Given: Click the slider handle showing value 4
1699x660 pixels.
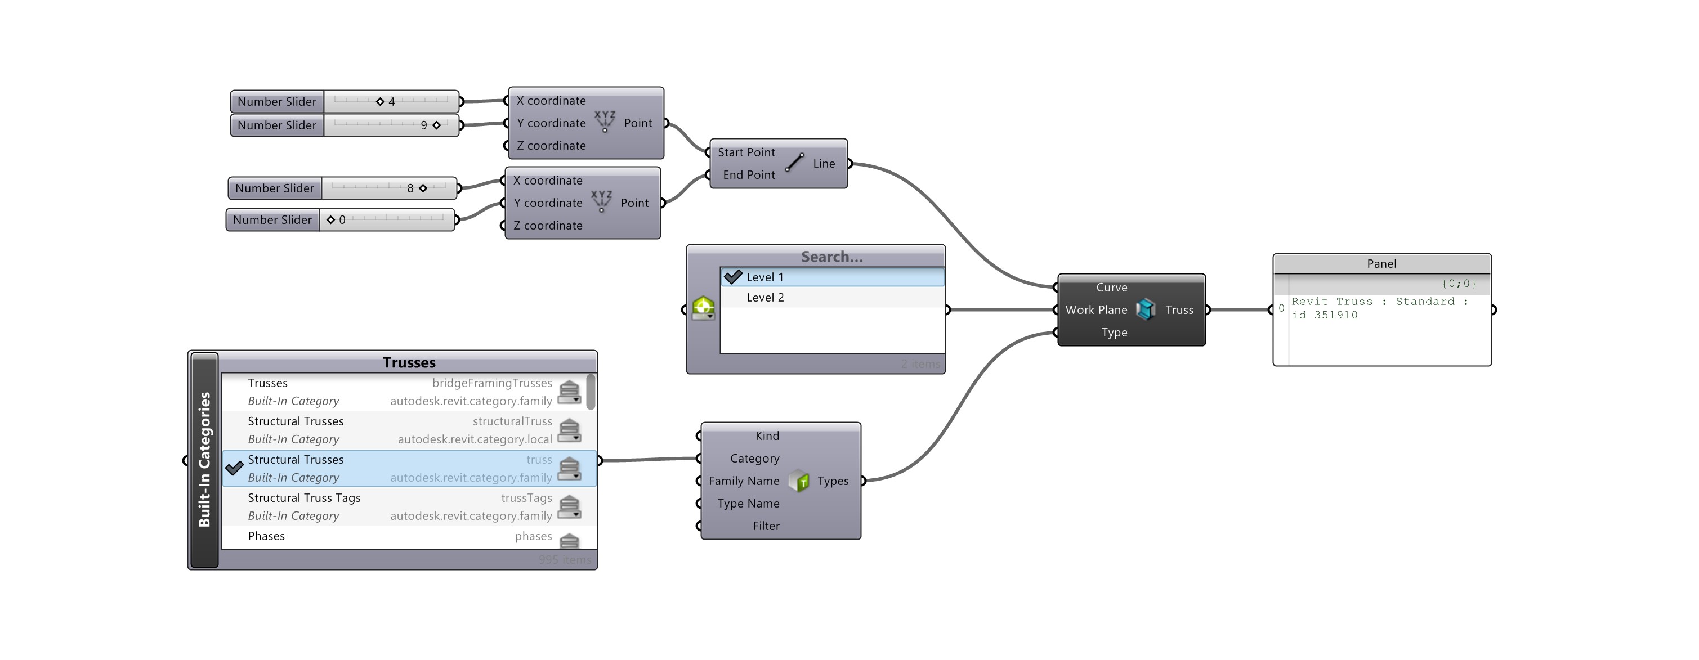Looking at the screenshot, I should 380,101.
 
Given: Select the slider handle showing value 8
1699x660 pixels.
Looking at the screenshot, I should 423,188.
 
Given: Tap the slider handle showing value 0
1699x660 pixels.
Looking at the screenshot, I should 330,220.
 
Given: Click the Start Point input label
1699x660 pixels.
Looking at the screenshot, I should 746,152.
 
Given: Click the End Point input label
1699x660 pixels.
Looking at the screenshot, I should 749,175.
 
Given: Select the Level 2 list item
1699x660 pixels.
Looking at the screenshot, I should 765,297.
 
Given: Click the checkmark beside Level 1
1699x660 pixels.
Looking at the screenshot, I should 733,277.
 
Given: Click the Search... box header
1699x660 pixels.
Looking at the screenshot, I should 831,257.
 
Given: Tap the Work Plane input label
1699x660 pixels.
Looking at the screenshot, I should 1096,310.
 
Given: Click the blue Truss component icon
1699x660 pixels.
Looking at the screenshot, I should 1146,309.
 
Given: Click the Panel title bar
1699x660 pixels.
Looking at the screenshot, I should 1381,264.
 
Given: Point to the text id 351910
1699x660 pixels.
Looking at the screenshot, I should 1325,315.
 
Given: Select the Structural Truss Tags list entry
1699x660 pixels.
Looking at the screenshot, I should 304,498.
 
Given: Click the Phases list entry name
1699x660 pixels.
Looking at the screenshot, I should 266,536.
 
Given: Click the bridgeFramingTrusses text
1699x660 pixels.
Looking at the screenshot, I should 492,383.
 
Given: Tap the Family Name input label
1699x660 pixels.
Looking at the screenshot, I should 744,481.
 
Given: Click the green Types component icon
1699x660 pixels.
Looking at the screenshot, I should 799,481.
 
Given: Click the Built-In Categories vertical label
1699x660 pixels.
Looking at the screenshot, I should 204,460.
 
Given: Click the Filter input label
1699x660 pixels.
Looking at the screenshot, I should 766,526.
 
